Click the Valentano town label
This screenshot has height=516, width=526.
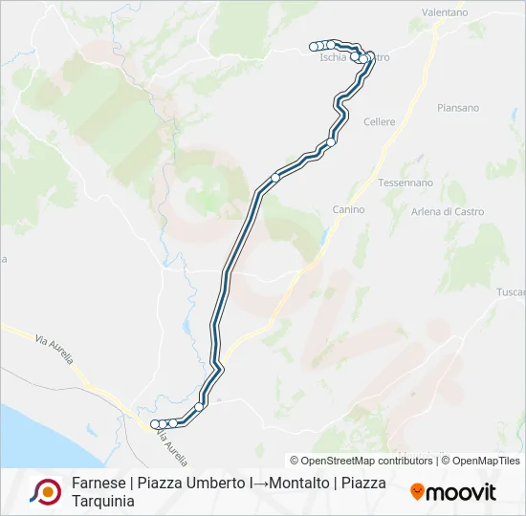pos(445,12)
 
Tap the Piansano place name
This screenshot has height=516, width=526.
pos(457,108)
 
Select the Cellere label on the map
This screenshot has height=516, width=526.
pos(380,122)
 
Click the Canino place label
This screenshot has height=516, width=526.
pos(348,209)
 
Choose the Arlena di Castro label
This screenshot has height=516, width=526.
pos(448,212)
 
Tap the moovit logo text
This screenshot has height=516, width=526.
pos(461,493)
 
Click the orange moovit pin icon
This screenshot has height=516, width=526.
pos(417,492)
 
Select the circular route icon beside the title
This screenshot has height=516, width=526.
pos(45,491)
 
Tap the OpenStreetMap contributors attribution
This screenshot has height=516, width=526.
pos(362,461)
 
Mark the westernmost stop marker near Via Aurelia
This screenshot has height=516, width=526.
pos(155,424)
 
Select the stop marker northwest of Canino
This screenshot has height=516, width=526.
pos(275,177)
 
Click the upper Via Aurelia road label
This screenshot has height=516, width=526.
pos(54,346)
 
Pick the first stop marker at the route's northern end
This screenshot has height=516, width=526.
pos(313,46)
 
